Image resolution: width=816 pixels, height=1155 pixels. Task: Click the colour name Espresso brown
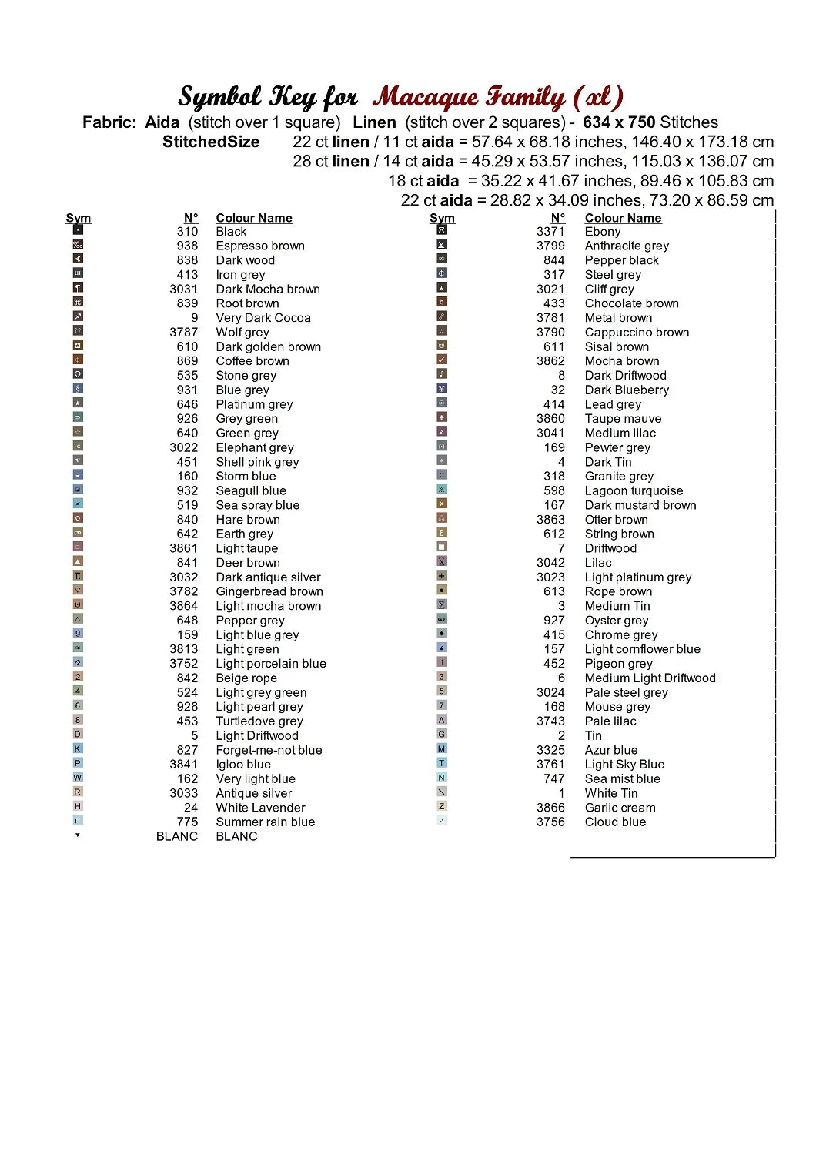(260, 246)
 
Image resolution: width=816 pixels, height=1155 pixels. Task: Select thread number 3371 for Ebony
(550, 231)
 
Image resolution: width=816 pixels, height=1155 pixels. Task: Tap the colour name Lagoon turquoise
(634, 490)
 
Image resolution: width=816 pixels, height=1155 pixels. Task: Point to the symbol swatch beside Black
(78, 229)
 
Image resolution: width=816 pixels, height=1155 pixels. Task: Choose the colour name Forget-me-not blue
(269, 750)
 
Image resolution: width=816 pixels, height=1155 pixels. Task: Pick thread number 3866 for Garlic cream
(550, 808)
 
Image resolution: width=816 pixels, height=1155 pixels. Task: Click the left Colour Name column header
(254, 218)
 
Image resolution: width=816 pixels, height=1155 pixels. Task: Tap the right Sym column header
(442, 218)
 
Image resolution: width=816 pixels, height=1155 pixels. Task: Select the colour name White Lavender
(260, 808)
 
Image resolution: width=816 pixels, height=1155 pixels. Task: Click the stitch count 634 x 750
(619, 122)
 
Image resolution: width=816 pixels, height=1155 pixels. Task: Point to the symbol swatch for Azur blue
(442, 748)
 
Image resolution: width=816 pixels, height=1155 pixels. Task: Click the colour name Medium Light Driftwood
(650, 678)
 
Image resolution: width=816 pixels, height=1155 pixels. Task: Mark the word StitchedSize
(211, 142)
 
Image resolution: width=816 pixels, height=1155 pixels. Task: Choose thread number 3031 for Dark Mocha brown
(183, 290)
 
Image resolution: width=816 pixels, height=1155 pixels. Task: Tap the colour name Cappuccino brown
(637, 333)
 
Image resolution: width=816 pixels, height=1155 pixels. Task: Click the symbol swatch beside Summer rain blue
(78, 821)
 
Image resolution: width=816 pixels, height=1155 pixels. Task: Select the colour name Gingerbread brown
(269, 591)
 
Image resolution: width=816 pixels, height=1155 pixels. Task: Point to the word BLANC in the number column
(176, 836)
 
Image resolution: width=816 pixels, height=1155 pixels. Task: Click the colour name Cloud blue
(615, 822)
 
